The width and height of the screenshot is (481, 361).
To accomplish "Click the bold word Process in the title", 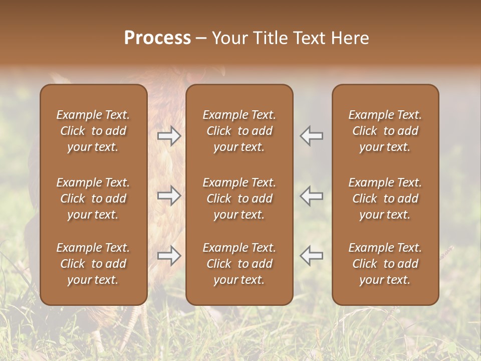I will pos(157,38).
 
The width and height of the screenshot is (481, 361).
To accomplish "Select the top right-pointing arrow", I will pos(169,136).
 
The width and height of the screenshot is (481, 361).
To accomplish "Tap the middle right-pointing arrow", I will pos(169,196).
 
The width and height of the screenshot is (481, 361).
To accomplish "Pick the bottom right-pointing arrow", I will pos(169,256).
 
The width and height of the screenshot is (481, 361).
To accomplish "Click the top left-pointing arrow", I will pos(312,136).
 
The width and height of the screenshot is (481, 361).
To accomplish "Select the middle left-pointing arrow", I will pos(312,196).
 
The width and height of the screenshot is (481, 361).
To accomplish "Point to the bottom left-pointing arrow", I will pos(312,256).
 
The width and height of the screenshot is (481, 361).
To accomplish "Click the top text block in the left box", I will pos(93,131).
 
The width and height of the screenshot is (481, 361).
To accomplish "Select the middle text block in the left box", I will pos(93,199).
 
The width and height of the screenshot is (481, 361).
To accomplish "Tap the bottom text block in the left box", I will pos(93,264).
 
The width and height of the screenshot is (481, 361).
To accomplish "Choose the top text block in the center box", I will pos(239,131).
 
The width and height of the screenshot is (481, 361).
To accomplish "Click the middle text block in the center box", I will pos(239,199).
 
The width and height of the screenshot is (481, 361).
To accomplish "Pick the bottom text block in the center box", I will pos(239,264).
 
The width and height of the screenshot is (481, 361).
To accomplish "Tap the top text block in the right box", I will pos(385,131).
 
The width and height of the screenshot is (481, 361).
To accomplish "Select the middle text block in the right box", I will pos(385,199).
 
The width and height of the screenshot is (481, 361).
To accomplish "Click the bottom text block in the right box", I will pos(385,264).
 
